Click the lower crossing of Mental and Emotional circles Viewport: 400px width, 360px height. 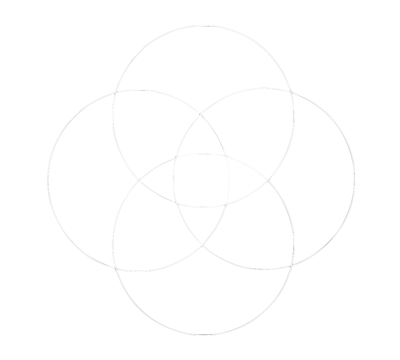pos(202,245)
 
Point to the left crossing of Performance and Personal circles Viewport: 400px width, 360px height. pos(139,181)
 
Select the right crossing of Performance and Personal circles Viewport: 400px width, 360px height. pos(267,180)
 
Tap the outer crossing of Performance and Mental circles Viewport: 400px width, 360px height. pos(115,92)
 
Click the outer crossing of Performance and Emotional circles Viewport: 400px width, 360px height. pos(291,91)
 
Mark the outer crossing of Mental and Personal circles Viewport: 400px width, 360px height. pos(115,268)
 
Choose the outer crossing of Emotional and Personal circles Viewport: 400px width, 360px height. pos(291,266)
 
